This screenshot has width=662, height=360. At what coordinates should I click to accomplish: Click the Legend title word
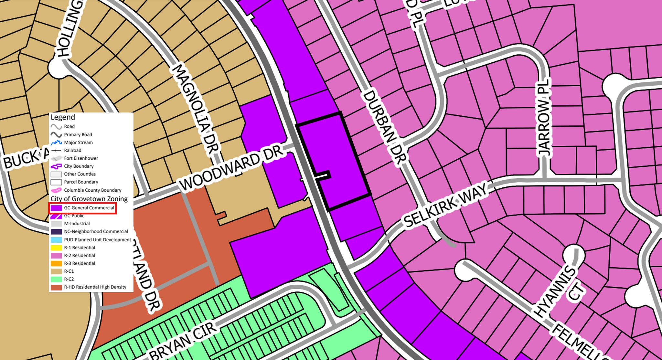pos(63,117)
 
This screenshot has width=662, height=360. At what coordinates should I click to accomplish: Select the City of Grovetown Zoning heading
pos(89,199)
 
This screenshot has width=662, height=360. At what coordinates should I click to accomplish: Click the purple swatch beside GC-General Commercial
pos(56,208)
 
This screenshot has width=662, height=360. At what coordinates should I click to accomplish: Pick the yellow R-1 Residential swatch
pos(56,248)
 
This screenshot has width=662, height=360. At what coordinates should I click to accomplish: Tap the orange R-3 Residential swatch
pos(56,263)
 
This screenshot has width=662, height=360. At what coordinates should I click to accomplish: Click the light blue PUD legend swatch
pos(56,240)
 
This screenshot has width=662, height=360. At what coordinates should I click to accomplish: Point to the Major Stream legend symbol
pos(56,143)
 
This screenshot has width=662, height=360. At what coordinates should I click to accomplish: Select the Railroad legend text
pos(73,150)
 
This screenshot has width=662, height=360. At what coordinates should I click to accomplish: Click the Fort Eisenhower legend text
pos(81,158)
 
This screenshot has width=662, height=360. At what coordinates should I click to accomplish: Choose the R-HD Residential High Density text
pos(95,287)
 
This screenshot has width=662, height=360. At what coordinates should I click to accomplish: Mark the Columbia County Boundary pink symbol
pos(56,190)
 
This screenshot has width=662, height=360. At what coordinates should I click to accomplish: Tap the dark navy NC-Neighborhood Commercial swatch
pos(56,232)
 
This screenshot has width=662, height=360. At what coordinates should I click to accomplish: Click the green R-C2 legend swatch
pos(56,279)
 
